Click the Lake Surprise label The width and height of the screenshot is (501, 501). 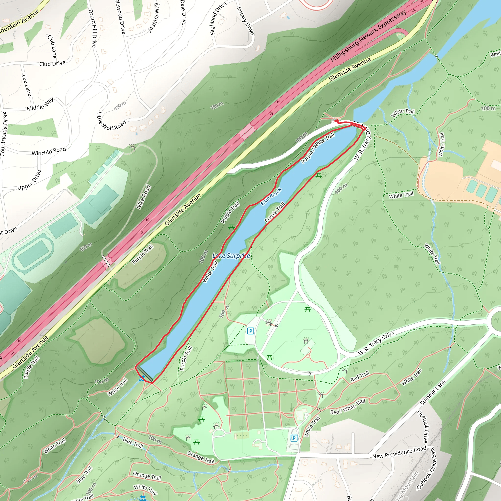tap(231, 256)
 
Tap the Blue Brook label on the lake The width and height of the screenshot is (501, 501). tap(271, 197)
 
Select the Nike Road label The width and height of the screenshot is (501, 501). tap(144, 197)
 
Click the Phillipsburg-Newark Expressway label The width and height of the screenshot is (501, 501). tap(368, 36)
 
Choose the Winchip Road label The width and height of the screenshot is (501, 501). tap(49, 151)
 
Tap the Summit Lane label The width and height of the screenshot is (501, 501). tap(433, 393)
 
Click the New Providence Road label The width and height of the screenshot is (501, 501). tap(399, 453)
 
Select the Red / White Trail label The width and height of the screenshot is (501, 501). tap(347, 407)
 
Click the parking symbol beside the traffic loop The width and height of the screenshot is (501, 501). tap(250, 331)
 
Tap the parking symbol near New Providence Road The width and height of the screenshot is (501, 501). tap(294, 438)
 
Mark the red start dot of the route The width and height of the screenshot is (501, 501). tap(336, 121)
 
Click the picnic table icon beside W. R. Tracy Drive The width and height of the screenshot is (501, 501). tap(319, 176)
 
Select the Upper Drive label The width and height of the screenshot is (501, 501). tap(29, 180)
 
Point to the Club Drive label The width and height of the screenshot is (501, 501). tap(52, 63)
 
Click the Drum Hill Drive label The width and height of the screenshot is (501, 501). tap(92, 29)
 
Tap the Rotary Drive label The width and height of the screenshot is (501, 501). tap(245, 21)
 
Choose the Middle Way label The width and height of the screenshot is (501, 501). tap(40, 104)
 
